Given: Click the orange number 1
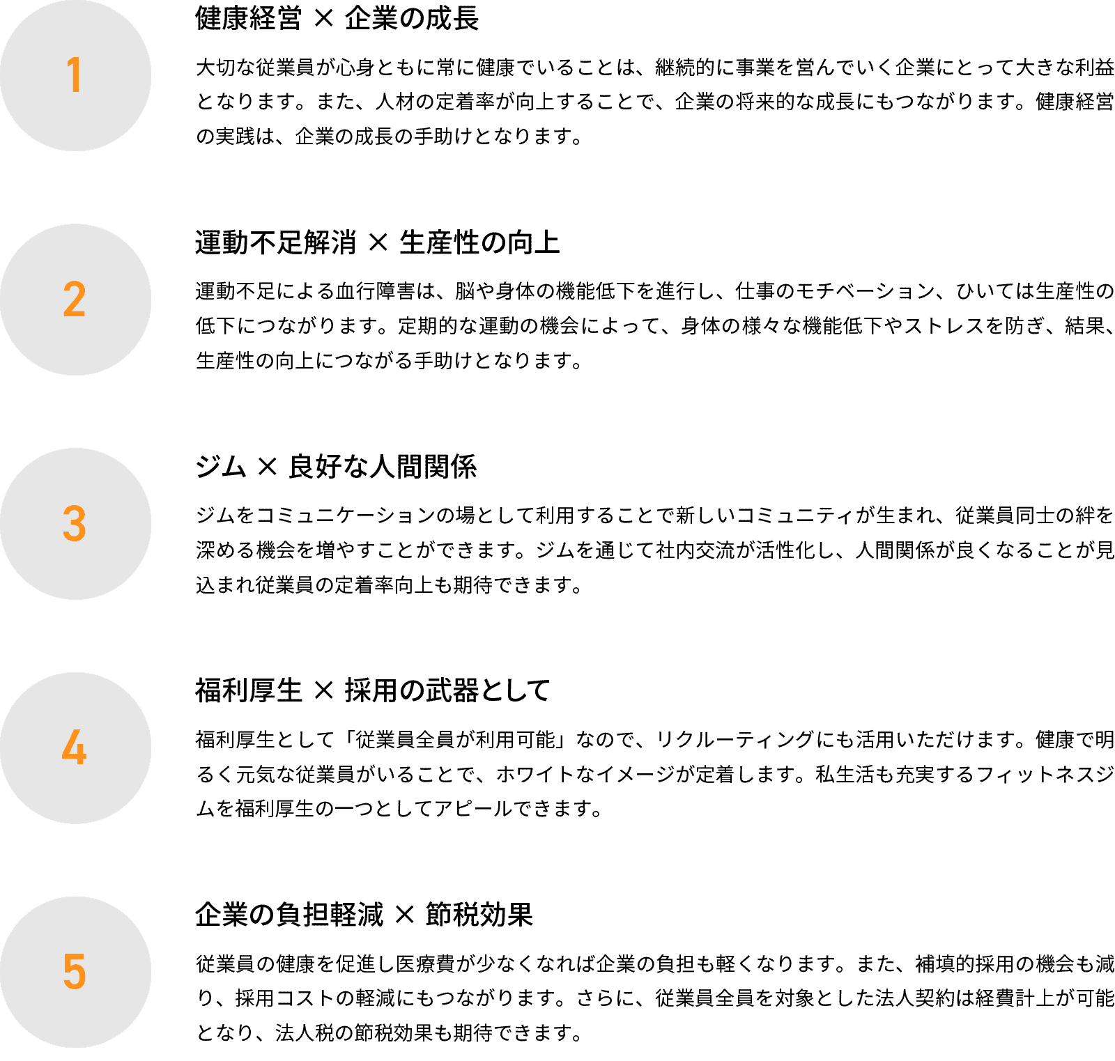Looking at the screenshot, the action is coord(75,75).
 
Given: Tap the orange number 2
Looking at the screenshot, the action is coord(75,300).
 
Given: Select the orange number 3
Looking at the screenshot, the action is coord(75,524).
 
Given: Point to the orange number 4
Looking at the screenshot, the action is coord(75,748).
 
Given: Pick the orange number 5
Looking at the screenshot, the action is coord(75,973).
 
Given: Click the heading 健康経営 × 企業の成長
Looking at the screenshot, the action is coord(337,19).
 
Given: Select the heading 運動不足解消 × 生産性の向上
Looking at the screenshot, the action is coord(378,243).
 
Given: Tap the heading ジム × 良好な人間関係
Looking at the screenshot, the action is coord(336,467).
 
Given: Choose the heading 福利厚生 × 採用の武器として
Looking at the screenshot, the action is coord(373,692).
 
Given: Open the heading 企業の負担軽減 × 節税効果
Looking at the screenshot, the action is coord(364,915).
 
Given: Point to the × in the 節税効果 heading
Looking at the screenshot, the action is coord(405,916).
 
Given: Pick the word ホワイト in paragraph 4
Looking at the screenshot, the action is coord(536,775).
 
